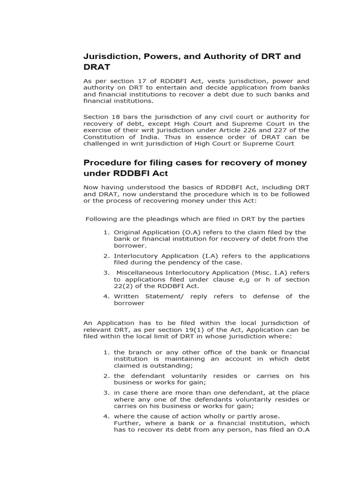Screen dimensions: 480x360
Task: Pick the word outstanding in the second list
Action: pyautogui.click(x=173, y=366)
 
